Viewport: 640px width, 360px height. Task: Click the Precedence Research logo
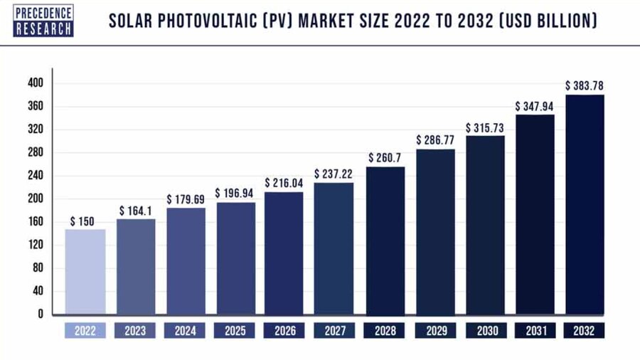pyautogui.click(x=43, y=21)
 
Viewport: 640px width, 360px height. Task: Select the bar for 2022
pyautogui.click(x=85, y=271)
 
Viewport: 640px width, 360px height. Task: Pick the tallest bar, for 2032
pyautogui.click(x=585, y=204)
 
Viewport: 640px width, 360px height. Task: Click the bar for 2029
pyautogui.click(x=435, y=231)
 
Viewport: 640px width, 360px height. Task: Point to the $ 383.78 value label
pyautogui.click(x=585, y=85)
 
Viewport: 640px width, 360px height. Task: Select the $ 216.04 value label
pyautogui.click(x=284, y=183)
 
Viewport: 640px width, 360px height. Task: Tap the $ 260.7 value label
pyautogui.click(x=385, y=157)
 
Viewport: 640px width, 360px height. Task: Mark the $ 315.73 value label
pyautogui.click(x=485, y=127)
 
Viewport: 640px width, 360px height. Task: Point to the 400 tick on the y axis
pyautogui.click(x=36, y=83)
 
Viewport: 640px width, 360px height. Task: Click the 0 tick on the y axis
pyautogui.click(x=41, y=314)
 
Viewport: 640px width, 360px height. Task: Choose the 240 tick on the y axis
pyautogui.click(x=36, y=176)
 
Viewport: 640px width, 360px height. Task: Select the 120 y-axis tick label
pyautogui.click(x=36, y=245)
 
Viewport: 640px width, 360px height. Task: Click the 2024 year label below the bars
pyautogui.click(x=184, y=331)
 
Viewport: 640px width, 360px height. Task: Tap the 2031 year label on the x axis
pyautogui.click(x=535, y=331)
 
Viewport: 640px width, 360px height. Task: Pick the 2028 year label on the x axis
pyautogui.click(x=385, y=331)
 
